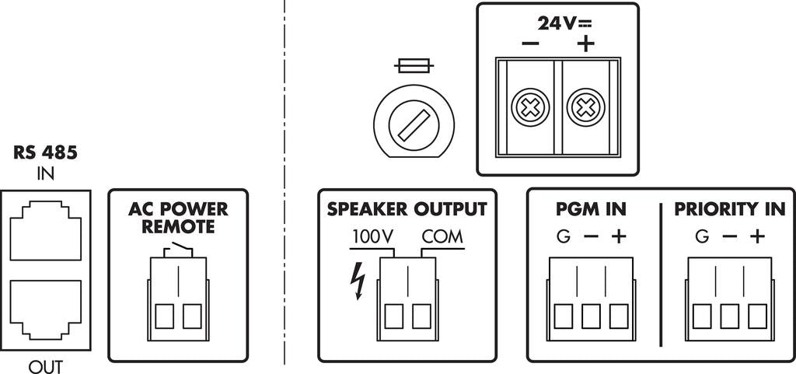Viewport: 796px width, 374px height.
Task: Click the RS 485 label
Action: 46,153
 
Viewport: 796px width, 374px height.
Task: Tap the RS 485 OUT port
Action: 46,309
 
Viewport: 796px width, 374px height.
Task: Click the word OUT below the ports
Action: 46,366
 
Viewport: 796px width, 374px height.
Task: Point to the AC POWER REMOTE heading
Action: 178,218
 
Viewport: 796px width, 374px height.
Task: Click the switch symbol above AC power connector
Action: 178,249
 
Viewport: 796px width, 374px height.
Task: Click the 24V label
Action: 558,23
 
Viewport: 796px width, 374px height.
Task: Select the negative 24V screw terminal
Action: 529,108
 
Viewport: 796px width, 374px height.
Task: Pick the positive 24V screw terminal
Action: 585,108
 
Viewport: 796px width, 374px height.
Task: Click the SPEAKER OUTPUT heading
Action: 407,209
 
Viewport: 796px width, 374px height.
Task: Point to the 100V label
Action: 373,236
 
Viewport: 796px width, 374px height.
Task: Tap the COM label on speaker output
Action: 442,236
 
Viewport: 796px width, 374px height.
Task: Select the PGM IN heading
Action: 591,209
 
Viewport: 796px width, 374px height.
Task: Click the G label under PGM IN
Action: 563,236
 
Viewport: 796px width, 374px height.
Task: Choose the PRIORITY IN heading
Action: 729,209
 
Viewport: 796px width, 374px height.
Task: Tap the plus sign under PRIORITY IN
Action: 757,236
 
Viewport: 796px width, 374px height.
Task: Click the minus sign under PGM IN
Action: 591,236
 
